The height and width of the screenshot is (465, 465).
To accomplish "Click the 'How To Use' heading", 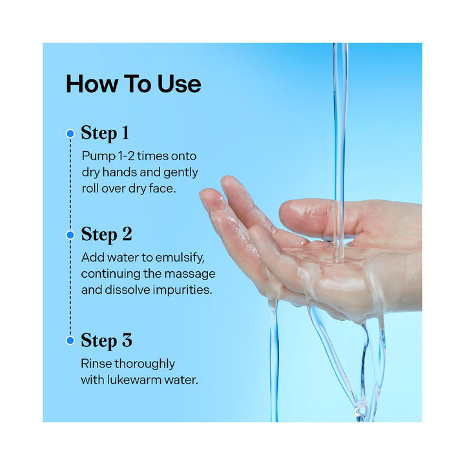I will click(x=133, y=84).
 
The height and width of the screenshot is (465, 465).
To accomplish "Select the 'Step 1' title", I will click(x=105, y=133).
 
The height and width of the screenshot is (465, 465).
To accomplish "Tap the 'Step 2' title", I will click(x=106, y=234).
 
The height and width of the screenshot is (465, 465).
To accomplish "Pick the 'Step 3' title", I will click(x=106, y=340).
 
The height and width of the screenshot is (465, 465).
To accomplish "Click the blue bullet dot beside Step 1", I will click(x=70, y=134).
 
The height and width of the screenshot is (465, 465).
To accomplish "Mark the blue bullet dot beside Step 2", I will click(x=70, y=235).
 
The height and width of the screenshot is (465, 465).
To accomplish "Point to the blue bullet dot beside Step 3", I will click(x=70, y=340).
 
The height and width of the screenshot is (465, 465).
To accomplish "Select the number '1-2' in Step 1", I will click(x=126, y=156).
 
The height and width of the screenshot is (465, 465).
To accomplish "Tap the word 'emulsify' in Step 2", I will click(x=182, y=257).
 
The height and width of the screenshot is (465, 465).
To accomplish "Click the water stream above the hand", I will click(x=339, y=116).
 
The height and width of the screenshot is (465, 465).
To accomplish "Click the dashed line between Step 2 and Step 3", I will click(x=70, y=287).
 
